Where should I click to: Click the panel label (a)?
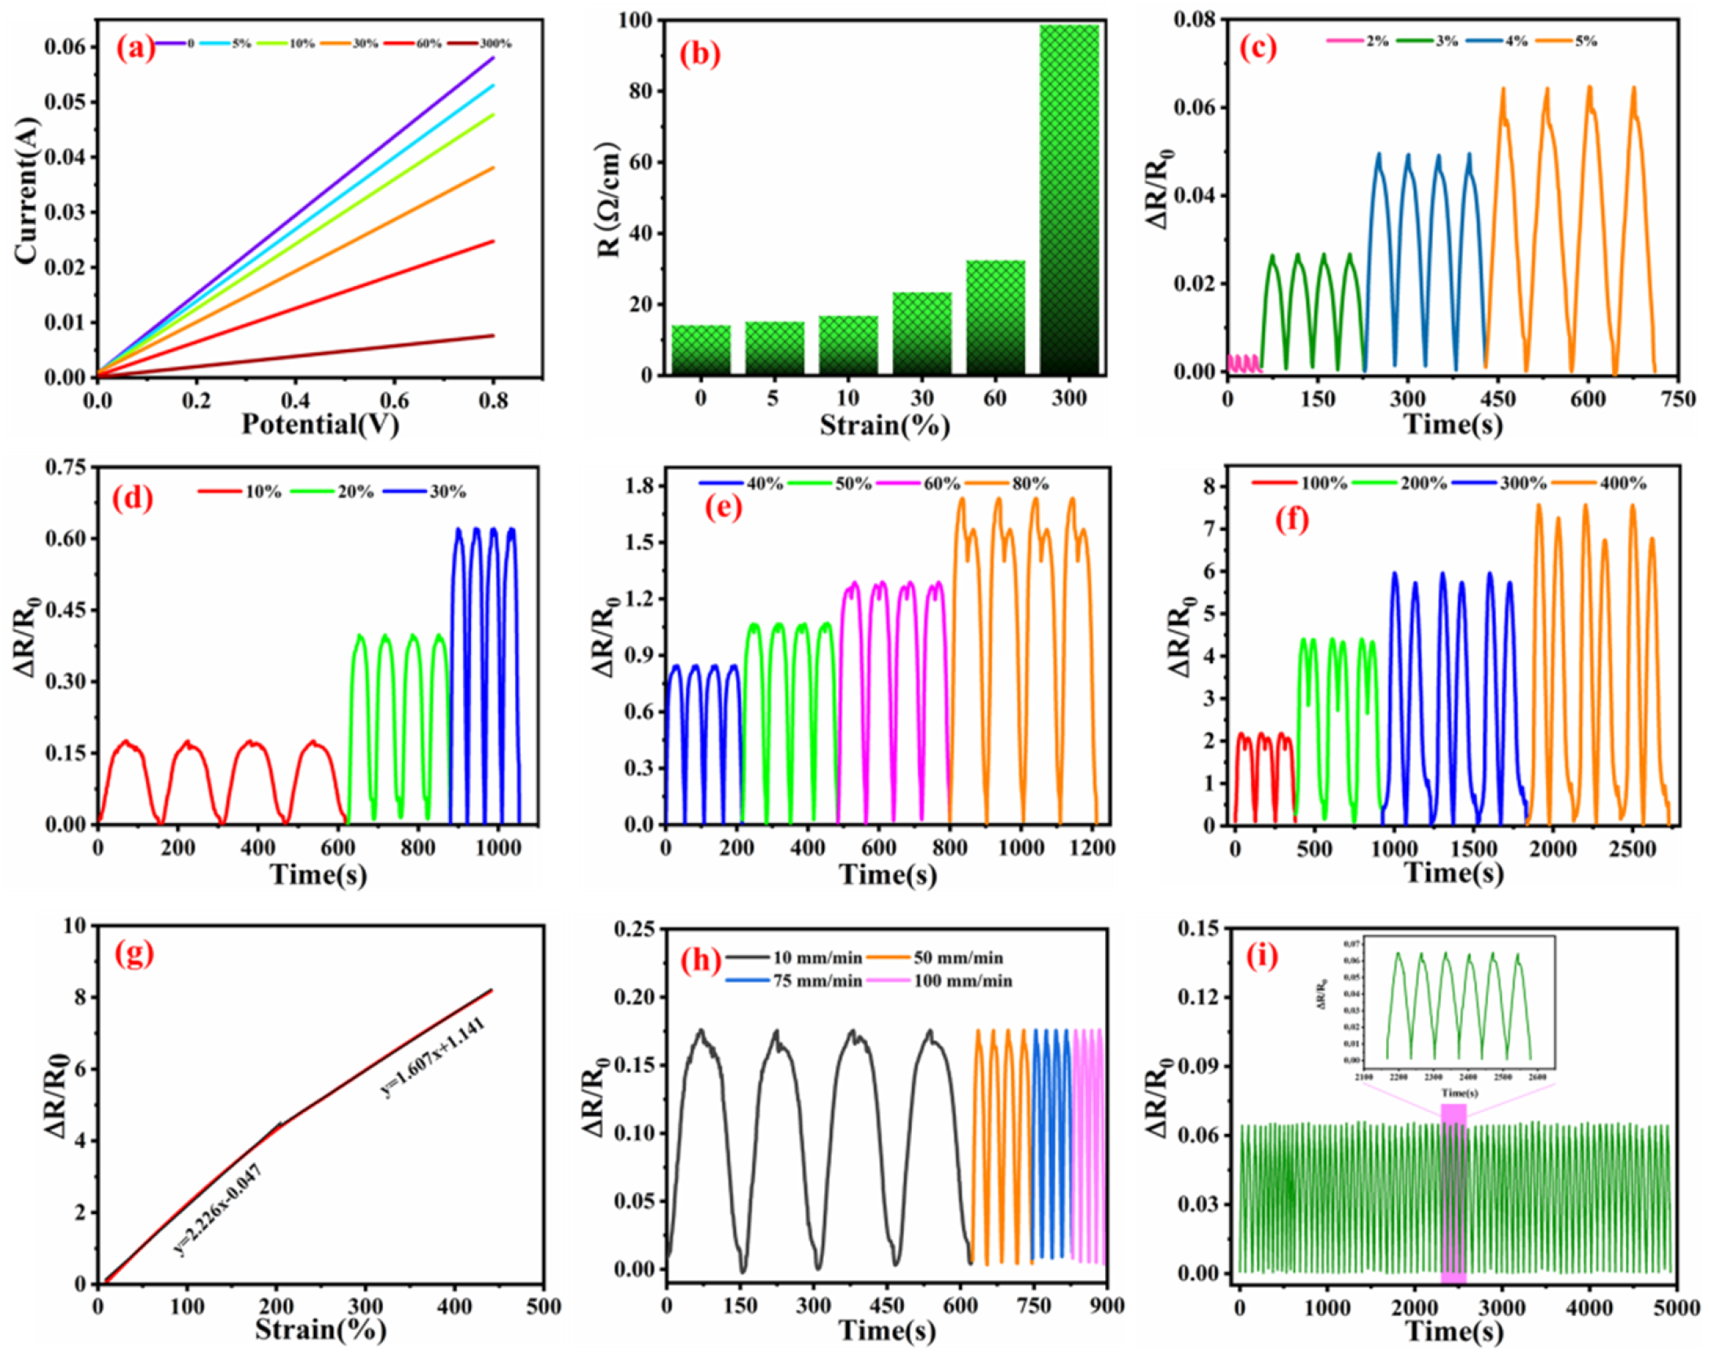click(134, 48)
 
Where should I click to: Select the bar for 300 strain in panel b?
click(1068, 200)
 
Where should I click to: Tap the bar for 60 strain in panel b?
click(995, 318)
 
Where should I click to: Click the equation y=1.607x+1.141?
click(434, 1057)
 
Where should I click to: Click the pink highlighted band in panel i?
click(1453, 1194)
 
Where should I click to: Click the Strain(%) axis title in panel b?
click(884, 425)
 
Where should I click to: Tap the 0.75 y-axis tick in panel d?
click(65, 467)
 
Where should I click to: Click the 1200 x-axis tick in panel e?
click(1092, 847)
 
